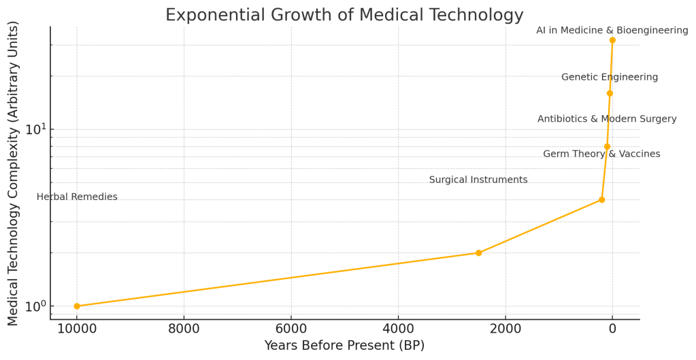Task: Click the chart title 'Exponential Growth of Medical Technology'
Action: click(x=344, y=15)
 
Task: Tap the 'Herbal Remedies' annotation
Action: click(x=77, y=197)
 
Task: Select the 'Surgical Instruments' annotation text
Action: click(x=478, y=180)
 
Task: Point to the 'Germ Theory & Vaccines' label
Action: click(x=601, y=154)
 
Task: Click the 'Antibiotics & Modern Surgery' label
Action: click(x=607, y=119)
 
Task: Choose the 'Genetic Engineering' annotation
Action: click(x=610, y=78)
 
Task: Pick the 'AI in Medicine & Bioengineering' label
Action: click(x=612, y=31)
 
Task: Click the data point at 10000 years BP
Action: click(x=77, y=306)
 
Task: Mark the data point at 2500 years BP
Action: click(x=478, y=253)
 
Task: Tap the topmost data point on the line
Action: click(x=612, y=40)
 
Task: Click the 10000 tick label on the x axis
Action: click(x=77, y=330)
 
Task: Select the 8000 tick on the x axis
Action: click(x=184, y=330)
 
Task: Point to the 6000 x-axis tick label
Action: click(x=291, y=330)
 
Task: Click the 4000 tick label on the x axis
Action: click(x=398, y=330)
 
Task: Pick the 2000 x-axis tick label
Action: click(x=506, y=330)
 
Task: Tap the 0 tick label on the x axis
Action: click(x=612, y=330)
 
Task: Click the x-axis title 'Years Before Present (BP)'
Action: click(x=344, y=346)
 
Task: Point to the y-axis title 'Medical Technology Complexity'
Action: click(x=14, y=174)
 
